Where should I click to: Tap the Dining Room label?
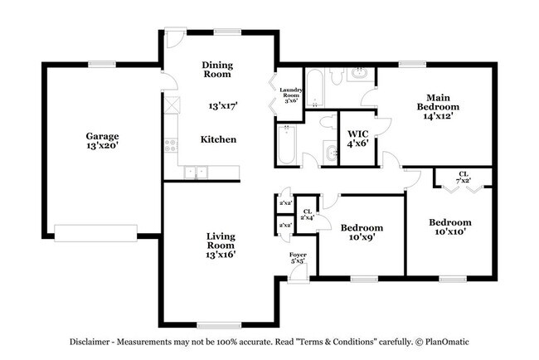(x=217, y=70)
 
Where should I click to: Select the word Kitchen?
(x=218, y=139)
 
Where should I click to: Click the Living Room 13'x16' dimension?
(x=221, y=255)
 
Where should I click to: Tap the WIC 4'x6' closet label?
(x=358, y=138)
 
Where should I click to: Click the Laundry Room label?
(x=290, y=95)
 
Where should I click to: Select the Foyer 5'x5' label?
(x=297, y=258)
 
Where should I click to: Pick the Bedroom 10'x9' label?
(x=361, y=233)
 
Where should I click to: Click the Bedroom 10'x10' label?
(x=449, y=226)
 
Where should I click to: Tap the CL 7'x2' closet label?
(x=463, y=177)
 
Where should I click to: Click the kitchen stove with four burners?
(x=171, y=146)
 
